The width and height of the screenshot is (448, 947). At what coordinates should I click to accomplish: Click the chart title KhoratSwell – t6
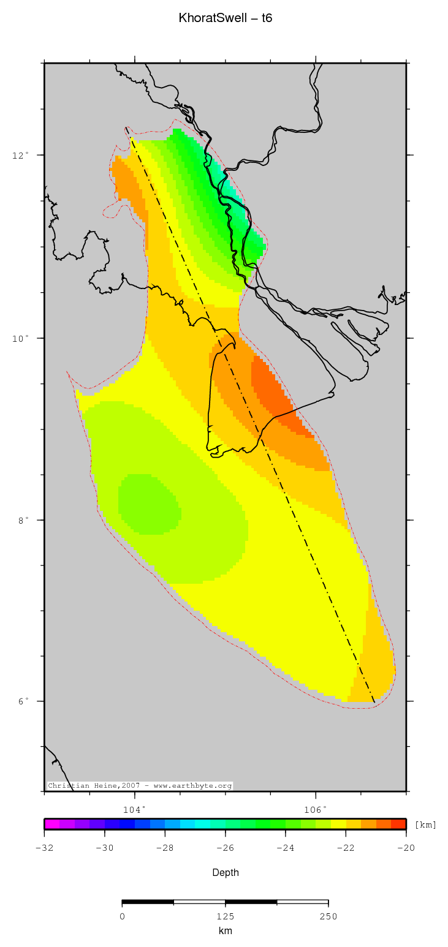click(226, 18)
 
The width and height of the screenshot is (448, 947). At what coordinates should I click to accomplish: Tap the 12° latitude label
click(21, 155)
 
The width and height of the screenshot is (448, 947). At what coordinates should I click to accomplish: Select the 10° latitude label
click(21, 338)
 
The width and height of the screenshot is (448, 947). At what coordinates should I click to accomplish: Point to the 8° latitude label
click(23, 520)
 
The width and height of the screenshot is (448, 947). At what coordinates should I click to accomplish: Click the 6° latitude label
click(23, 701)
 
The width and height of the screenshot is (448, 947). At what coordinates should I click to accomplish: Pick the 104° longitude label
click(134, 809)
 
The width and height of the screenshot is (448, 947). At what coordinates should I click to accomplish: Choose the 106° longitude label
click(316, 809)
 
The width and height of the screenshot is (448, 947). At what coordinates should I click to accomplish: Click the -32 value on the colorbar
click(44, 848)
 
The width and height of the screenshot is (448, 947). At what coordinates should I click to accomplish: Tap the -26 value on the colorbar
click(226, 848)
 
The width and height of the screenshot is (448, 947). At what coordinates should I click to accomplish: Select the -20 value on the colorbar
click(406, 848)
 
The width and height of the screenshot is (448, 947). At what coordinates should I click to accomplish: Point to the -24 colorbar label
click(286, 848)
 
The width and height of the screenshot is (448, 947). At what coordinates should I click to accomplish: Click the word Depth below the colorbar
click(226, 872)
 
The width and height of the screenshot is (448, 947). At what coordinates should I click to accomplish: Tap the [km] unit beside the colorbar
click(425, 824)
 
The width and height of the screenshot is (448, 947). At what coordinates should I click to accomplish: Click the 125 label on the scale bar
click(226, 916)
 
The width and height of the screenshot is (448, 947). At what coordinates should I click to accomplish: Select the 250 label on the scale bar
click(328, 916)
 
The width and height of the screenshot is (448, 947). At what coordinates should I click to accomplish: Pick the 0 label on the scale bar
click(123, 916)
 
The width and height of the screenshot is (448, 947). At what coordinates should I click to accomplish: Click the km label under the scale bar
click(226, 931)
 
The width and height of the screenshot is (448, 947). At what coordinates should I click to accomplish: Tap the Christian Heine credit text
click(140, 786)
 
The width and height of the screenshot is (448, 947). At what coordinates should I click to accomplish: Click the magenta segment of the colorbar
click(51, 824)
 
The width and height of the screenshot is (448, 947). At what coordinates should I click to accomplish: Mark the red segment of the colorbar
click(399, 824)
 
